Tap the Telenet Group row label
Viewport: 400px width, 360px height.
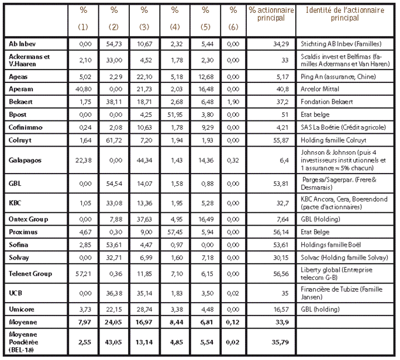click(30, 273)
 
